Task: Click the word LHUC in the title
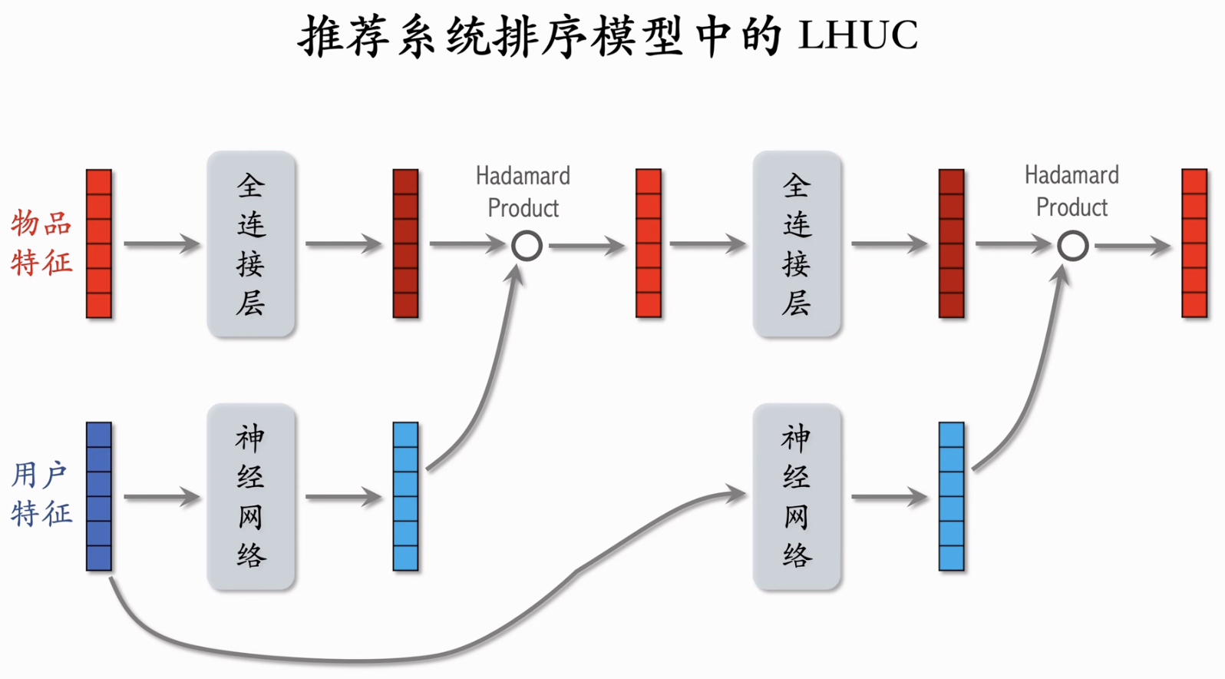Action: pos(857,35)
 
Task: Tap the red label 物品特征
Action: pos(41,243)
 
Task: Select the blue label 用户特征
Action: pos(41,495)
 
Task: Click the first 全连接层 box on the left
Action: pos(251,244)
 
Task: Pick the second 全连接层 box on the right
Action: pos(797,244)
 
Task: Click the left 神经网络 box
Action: pos(251,497)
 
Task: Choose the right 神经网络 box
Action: pos(797,497)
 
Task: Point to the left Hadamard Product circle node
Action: pos(527,246)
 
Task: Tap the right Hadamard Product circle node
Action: pos(1072,246)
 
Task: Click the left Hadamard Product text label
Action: pos(523,192)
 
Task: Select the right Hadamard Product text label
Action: pos(1071,191)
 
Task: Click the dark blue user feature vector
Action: pos(99,496)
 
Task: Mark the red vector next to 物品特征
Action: pos(99,243)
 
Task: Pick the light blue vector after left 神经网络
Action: pos(405,496)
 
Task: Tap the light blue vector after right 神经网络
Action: pos(951,496)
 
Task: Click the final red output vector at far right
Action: pos(1194,243)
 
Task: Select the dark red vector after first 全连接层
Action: pos(405,243)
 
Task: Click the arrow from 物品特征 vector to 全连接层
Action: pos(161,244)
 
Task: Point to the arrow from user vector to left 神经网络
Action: pos(161,497)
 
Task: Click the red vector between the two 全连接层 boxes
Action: pos(649,243)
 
